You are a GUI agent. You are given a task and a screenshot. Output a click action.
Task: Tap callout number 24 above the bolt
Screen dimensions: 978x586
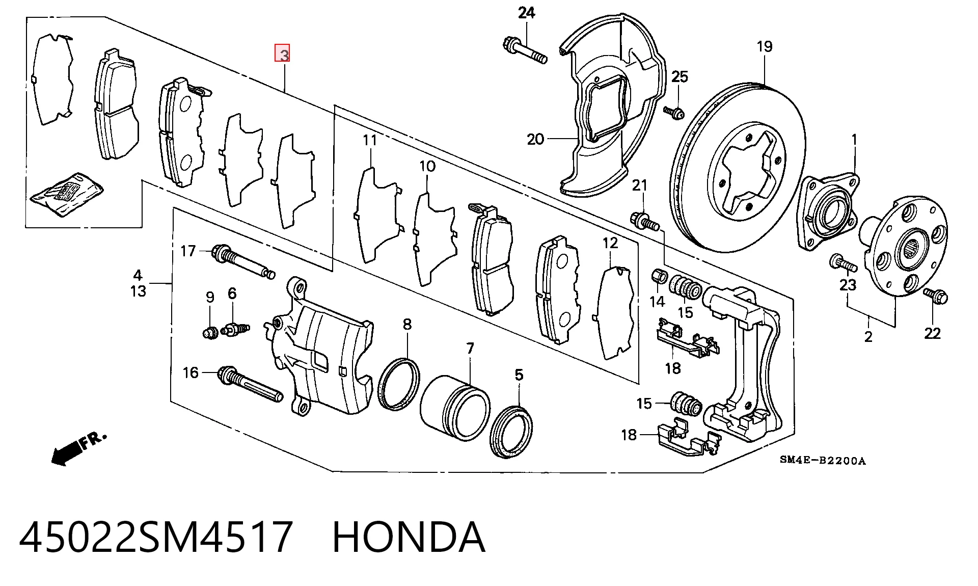tap(526, 13)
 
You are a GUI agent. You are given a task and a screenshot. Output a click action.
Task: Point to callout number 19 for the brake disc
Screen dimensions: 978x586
tap(765, 46)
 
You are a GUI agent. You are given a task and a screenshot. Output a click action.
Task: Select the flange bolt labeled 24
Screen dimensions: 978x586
tap(525, 50)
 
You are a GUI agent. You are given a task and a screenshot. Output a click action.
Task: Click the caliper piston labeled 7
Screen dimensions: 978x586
tap(455, 408)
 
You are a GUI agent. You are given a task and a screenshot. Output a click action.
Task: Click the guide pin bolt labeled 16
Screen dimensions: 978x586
tap(250, 383)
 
